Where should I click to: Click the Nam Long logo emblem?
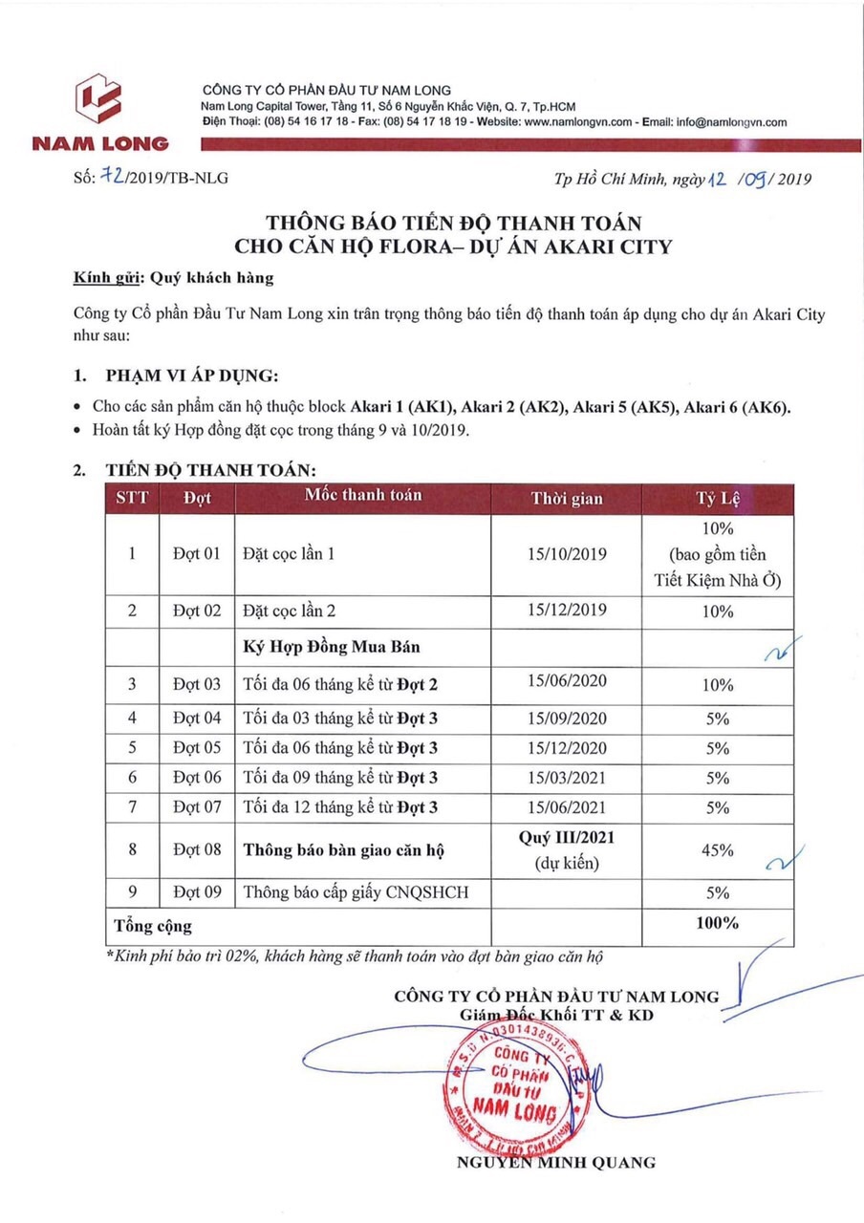pyautogui.click(x=100, y=99)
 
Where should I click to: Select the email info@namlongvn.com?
pyautogui.click(x=731, y=122)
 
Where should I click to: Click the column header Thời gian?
pyautogui.click(x=567, y=498)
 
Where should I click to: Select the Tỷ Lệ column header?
pyautogui.click(x=718, y=498)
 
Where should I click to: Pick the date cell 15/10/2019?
pyautogui.click(x=567, y=554)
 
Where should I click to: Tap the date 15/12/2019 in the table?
pyautogui.click(x=567, y=610)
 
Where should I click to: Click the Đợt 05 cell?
pyautogui.click(x=197, y=746)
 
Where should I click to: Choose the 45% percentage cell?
pyautogui.click(x=718, y=849)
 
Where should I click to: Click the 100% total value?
pyautogui.click(x=718, y=923)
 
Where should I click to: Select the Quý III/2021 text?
pyautogui.click(x=567, y=838)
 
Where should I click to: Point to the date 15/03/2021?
pyautogui.click(x=567, y=777)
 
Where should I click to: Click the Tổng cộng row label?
pyautogui.click(x=153, y=925)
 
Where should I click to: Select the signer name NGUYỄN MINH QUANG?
pyautogui.click(x=557, y=1163)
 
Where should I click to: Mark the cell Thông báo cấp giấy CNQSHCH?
pyautogui.click(x=355, y=892)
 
